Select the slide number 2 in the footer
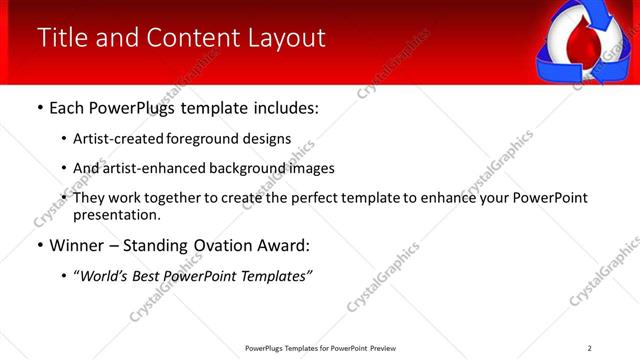[x=590, y=348]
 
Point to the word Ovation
[x=212, y=245]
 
